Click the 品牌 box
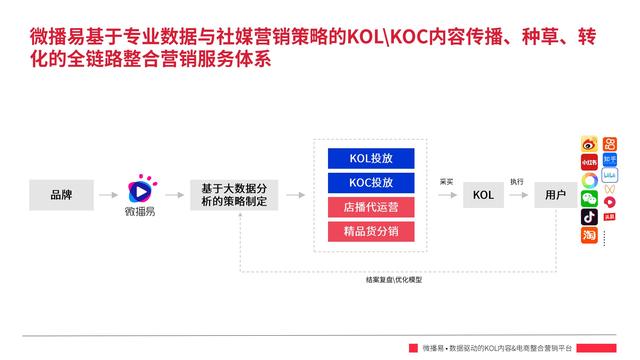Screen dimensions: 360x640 coord(62,193)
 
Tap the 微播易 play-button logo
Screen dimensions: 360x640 coord(140,187)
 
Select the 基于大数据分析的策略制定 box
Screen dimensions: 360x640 coord(235,193)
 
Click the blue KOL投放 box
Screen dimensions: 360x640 coord(371,158)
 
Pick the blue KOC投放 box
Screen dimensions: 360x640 coord(371,182)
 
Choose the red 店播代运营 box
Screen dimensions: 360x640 coord(371,207)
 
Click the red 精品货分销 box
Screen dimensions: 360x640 coord(371,232)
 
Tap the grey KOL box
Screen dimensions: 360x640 coord(483,193)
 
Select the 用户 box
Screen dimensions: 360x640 coord(553,193)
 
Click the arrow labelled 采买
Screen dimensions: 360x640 coord(446,193)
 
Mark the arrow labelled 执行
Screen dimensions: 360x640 coord(517,193)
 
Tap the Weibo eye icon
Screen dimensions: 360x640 coord(590,145)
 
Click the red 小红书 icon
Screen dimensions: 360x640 coord(590,163)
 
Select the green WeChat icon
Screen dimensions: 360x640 coord(590,199)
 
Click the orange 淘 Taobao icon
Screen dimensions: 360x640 coord(590,236)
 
